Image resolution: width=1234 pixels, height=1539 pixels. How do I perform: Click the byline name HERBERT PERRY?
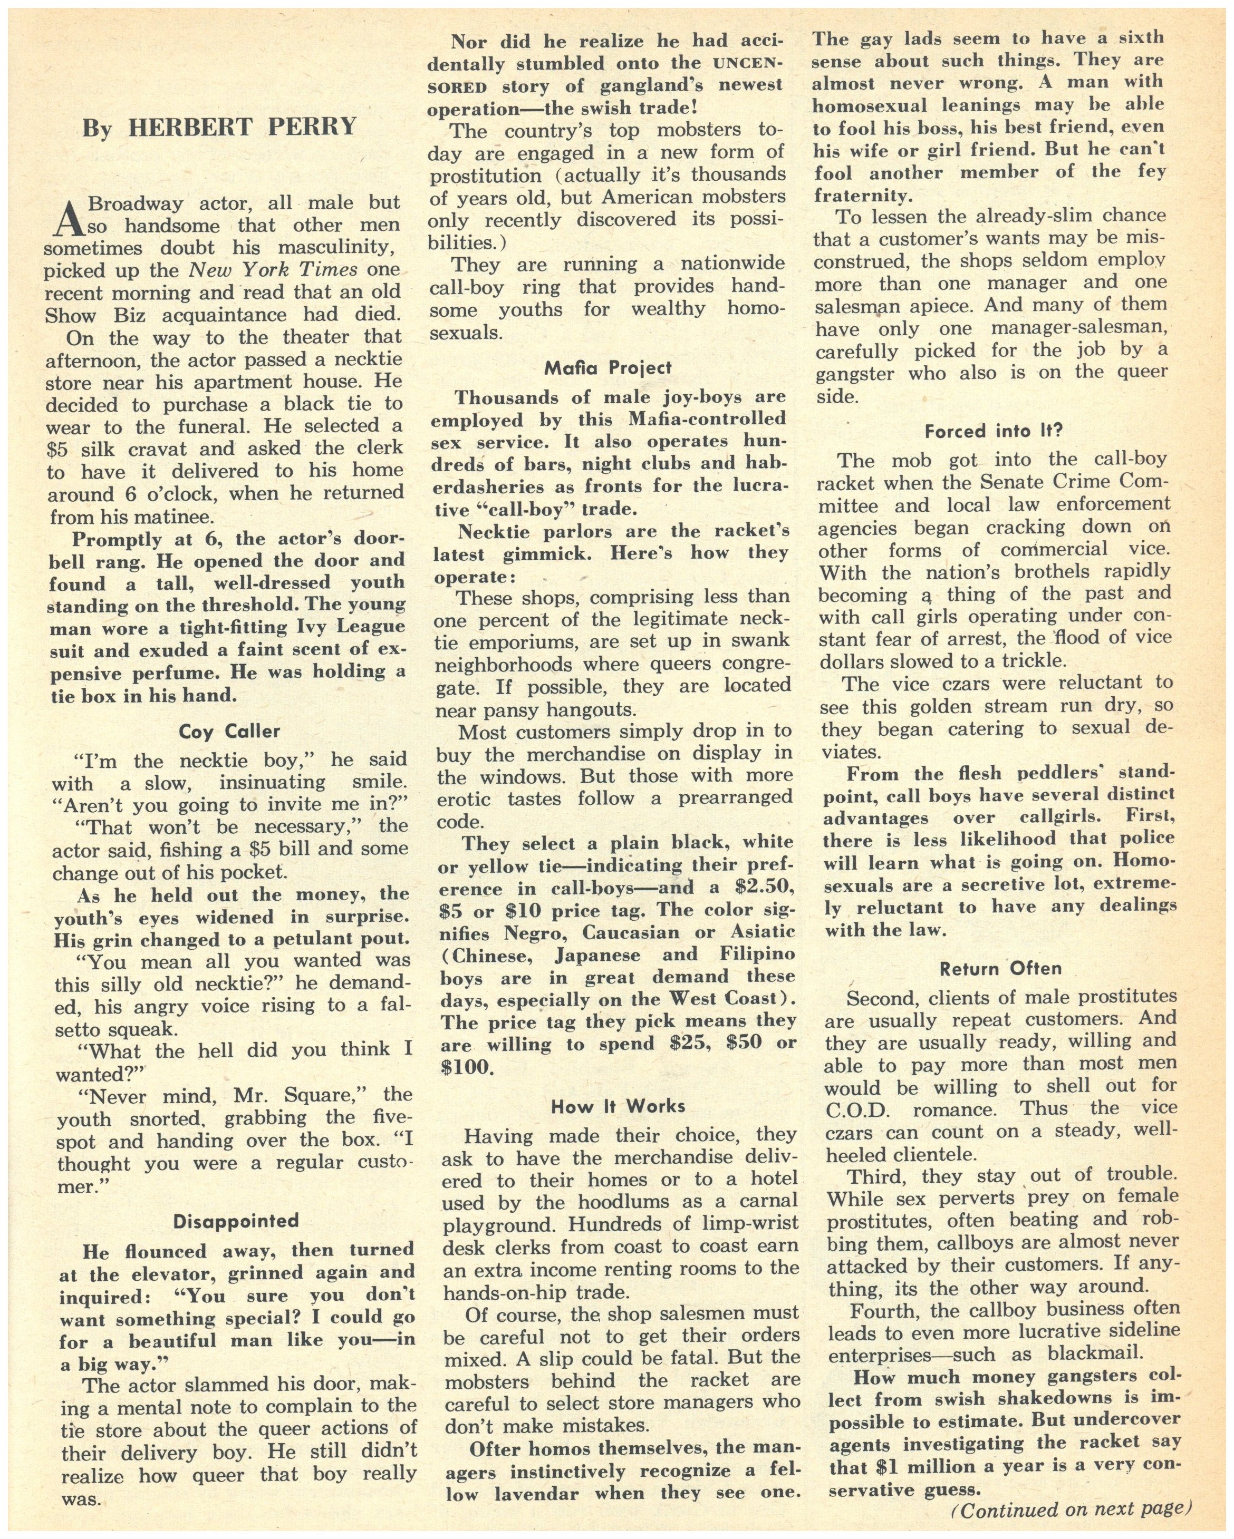click(x=242, y=127)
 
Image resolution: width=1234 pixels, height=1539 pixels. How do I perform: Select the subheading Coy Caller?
click(x=229, y=731)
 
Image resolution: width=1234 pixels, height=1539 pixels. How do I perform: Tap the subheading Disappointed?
click(x=235, y=1221)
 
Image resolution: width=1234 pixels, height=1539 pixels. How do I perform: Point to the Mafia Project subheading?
click(x=608, y=367)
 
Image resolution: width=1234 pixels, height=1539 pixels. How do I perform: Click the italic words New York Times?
click(x=273, y=270)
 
